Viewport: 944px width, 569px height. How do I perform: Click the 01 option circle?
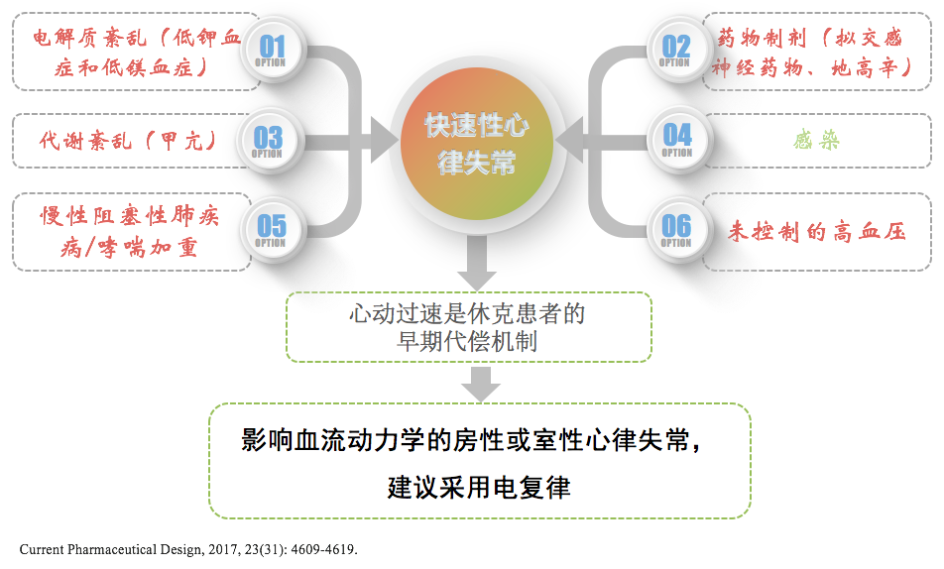pos(271,50)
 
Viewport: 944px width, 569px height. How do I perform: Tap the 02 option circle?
pos(675,50)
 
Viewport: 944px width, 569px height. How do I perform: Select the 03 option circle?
pos(268,140)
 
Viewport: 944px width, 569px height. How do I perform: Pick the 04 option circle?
pos(677,138)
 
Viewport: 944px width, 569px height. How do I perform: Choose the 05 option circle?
pos(271,229)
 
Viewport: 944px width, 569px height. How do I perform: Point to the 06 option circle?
pos(676,229)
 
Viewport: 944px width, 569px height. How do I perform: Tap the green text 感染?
pos(816,141)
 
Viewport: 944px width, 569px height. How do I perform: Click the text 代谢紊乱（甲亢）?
pos(128,139)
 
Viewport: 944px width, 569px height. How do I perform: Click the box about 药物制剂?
pos(808,52)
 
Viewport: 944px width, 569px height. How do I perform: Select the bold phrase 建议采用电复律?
pos(479,488)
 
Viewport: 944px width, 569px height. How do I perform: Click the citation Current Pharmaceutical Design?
pos(188,548)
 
